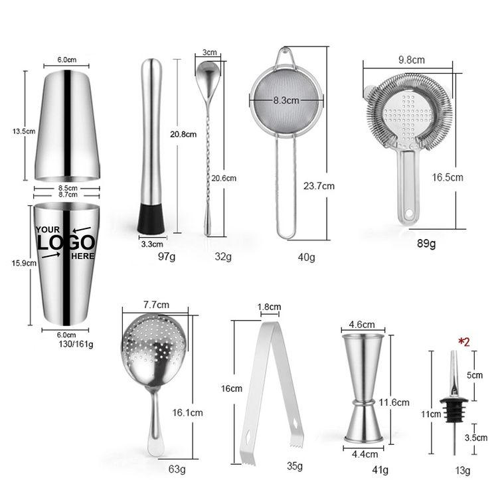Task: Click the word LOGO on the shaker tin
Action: (x=66, y=243)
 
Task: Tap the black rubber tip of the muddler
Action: (x=151, y=218)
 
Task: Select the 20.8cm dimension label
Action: (x=183, y=134)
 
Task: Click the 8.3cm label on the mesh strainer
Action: (x=286, y=100)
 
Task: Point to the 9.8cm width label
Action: (x=412, y=60)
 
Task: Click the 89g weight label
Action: (x=426, y=244)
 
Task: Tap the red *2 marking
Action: (x=463, y=342)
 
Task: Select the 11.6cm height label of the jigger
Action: (x=394, y=402)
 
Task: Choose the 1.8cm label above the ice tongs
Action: (x=269, y=307)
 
